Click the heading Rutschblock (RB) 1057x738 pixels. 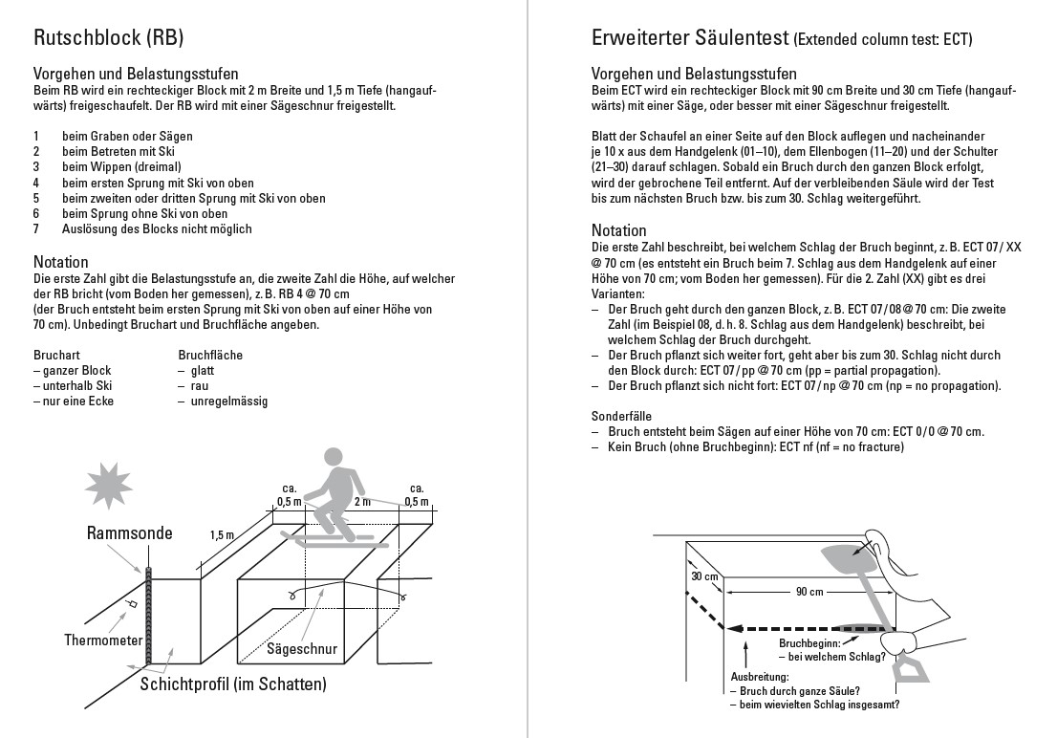(108, 38)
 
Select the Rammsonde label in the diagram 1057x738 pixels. (129, 532)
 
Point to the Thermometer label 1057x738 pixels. (103, 640)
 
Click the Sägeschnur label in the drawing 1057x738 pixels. (302, 649)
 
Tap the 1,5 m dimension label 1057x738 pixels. (222, 535)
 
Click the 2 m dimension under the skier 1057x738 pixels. (362, 501)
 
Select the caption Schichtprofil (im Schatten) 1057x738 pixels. (233, 684)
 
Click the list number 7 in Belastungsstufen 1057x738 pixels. (36, 229)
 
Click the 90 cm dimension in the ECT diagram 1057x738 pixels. (809, 592)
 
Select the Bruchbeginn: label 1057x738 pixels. (813, 643)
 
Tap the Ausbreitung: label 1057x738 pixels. (760, 676)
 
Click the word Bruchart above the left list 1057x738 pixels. (55, 355)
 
